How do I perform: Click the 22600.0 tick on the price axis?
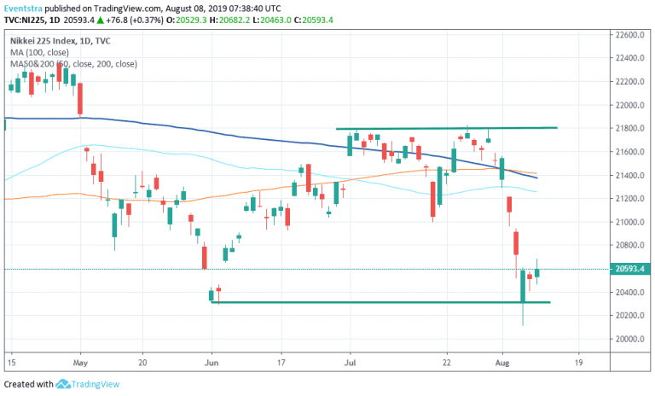coord(629,35)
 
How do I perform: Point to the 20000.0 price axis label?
coord(629,339)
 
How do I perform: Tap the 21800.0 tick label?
coord(629,129)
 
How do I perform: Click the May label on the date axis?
coord(81,361)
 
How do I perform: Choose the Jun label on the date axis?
coord(212,361)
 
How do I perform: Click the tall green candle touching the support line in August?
coord(522,285)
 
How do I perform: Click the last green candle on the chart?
coord(537,272)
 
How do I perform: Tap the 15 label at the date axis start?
coord(12,361)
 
